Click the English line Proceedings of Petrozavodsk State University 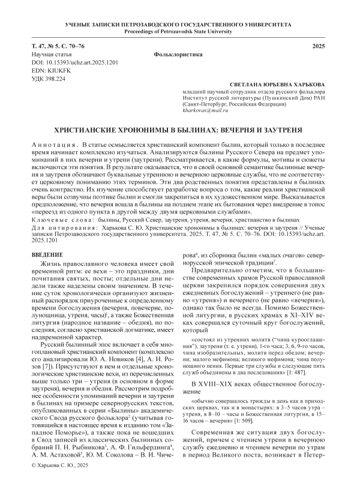(180, 32)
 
